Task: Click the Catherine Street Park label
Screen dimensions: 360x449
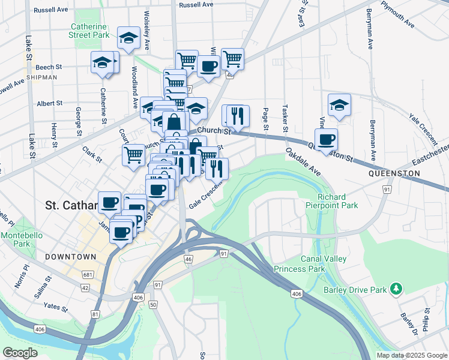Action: (90, 31)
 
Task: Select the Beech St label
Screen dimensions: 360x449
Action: (49, 67)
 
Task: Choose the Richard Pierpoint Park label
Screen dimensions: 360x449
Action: (337, 201)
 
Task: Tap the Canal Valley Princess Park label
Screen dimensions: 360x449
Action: (300, 265)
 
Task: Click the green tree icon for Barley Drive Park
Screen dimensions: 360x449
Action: (396, 289)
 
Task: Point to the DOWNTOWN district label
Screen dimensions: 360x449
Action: (70, 256)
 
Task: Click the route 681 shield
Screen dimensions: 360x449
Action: (88, 275)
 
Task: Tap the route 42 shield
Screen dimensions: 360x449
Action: (85, 288)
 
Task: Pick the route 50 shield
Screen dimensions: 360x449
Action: (153, 305)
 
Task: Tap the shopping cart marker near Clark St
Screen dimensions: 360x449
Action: (133, 154)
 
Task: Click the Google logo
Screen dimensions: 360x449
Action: (20, 353)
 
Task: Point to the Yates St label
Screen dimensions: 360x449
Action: (56, 307)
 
